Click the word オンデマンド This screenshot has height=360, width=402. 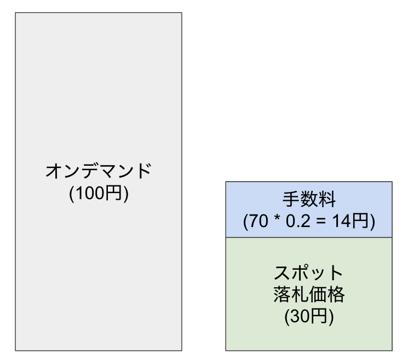pyautogui.click(x=99, y=171)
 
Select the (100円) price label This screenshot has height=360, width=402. pyautogui.click(x=99, y=194)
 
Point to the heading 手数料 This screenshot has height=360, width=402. pyautogui.click(x=309, y=198)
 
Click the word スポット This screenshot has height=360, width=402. pyautogui.click(x=309, y=272)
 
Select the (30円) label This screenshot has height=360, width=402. pyautogui.click(x=309, y=317)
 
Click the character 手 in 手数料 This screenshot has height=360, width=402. pyautogui.click(x=291, y=198)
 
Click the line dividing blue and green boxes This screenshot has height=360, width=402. pyautogui.click(x=309, y=237)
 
